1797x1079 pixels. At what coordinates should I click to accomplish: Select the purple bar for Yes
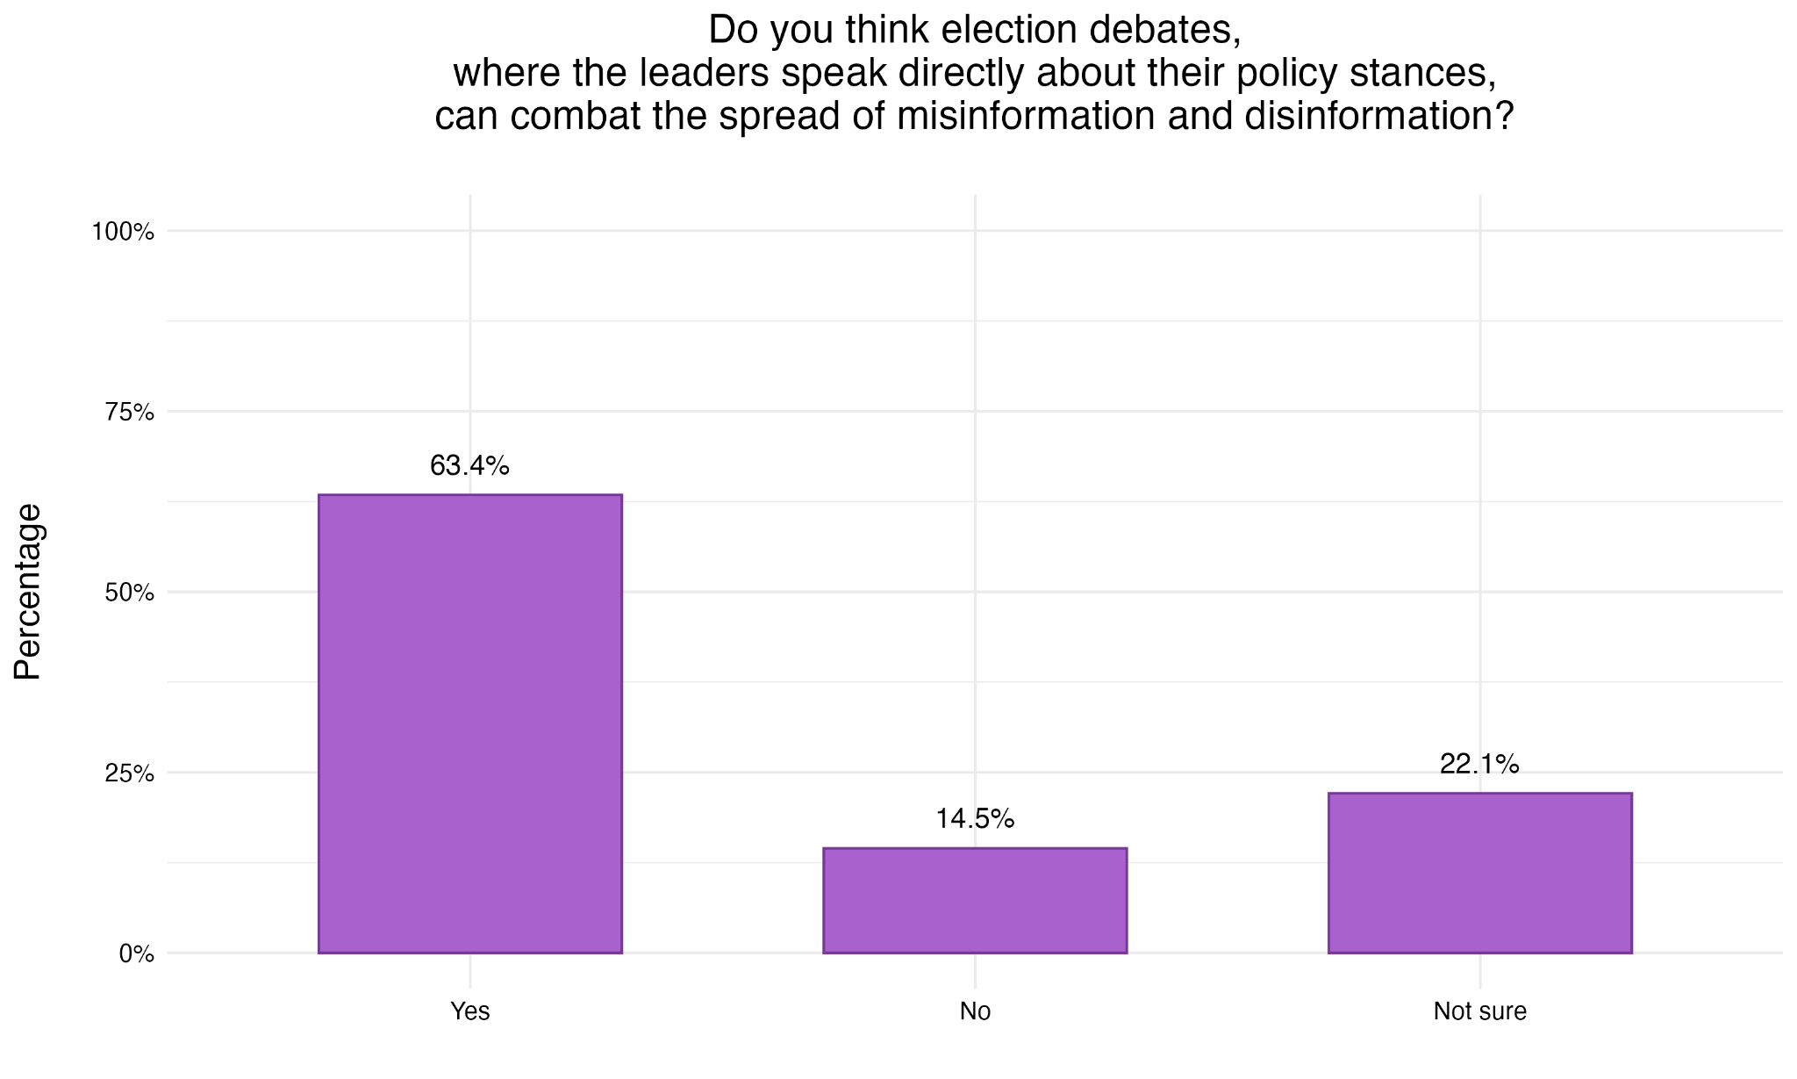469,723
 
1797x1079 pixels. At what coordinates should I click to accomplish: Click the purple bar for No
975,900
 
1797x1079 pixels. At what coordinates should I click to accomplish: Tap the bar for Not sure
1479,873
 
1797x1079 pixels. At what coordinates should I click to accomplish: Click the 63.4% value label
469,466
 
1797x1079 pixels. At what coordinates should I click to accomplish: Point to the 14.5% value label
975,819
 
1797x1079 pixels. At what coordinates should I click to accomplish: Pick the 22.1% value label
1479,765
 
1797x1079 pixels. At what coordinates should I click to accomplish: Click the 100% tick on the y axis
123,233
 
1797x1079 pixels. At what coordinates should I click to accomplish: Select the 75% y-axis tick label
129,413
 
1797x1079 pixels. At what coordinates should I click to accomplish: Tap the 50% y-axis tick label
129,593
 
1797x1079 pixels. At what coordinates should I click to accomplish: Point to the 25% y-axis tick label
129,773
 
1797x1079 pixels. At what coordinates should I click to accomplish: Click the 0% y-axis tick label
136,953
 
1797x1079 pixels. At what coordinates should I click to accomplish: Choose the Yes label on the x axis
469,1011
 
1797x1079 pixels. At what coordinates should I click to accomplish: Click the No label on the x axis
975,1011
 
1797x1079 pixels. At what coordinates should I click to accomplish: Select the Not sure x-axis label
1479,1011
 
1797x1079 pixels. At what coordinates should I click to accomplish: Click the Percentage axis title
28,592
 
